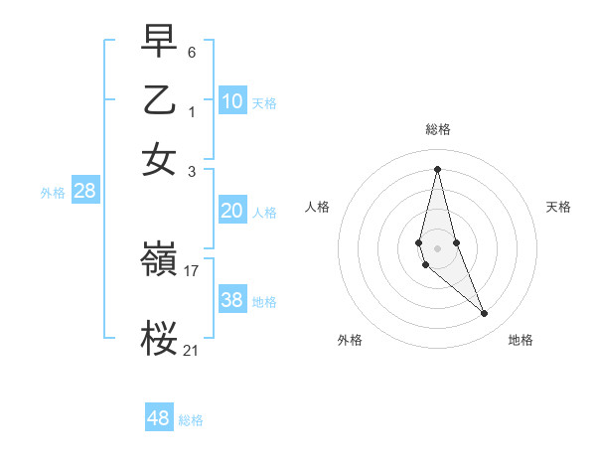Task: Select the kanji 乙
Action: (x=159, y=101)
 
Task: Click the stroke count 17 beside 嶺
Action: (x=192, y=269)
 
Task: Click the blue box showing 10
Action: (x=232, y=100)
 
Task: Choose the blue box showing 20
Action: (x=232, y=211)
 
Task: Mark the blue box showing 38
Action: (x=232, y=300)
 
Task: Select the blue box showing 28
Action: (x=85, y=192)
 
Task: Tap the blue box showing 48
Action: (x=159, y=418)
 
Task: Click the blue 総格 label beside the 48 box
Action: (x=191, y=420)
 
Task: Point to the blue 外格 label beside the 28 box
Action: (x=53, y=194)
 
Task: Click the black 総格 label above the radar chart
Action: (x=438, y=129)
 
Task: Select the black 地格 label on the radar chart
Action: (x=521, y=341)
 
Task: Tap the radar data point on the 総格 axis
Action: (x=438, y=168)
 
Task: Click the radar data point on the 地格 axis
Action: (x=485, y=313)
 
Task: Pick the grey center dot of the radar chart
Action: (x=438, y=248)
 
